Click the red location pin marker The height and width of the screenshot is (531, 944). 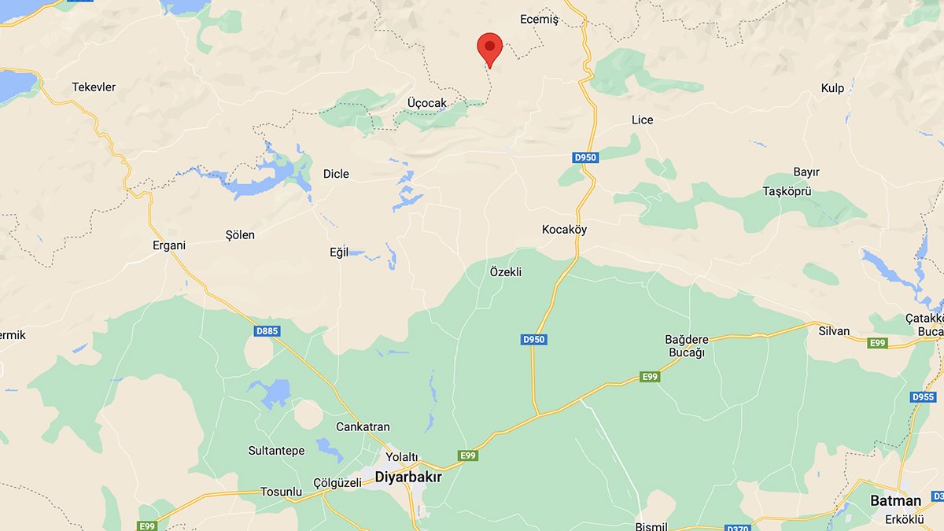(x=490, y=47)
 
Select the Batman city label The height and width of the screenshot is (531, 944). (x=895, y=500)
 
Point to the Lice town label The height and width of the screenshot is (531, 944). (x=642, y=120)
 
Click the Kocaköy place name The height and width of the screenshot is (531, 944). (x=564, y=230)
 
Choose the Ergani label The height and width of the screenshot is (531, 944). (x=169, y=245)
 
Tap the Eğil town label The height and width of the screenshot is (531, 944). (x=338, y=253)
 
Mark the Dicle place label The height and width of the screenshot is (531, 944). (x=336, y=174)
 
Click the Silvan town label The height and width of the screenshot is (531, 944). (x=834, y=331)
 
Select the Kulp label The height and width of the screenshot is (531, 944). (x=832, y=88)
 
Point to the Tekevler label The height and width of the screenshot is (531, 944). (x=94, y=87)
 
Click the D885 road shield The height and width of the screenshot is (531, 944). (x=267, y=331)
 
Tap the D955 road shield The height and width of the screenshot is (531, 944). (x=923, y=396)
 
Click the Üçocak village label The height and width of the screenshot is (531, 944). (x=427, y=103)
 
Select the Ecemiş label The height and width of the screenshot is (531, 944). (x=539, y=20)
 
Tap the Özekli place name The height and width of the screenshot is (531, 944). (x=506, y=272)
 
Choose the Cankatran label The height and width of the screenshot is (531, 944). (x=363, y=427)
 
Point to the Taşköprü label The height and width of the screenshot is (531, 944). (x=787, y=191)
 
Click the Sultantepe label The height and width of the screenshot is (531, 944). (x=276, y=451)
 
